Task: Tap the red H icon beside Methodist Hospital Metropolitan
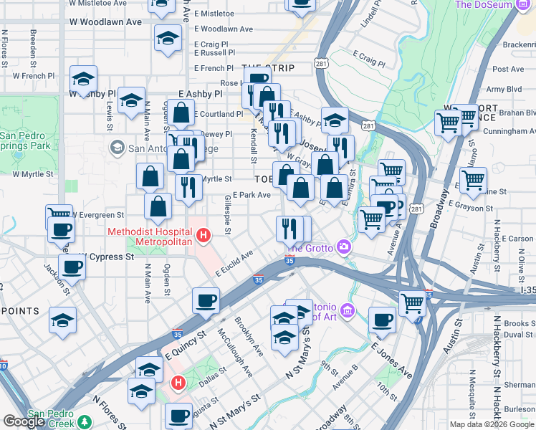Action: point(204,234)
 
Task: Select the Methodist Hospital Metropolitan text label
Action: point(150,237)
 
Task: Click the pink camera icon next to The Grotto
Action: point(345,247)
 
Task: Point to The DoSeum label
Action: point(495,4)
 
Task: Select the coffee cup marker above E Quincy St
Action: point(206,302)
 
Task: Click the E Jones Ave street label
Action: point(391,359)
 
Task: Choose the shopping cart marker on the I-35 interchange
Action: point(412,304)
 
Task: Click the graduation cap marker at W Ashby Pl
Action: point(84,80)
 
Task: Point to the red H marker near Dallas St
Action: point(177,384)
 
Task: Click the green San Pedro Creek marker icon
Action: point(85,422)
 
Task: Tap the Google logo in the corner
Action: point(24,421)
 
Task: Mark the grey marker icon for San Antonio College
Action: point(117,148)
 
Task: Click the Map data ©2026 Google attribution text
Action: point(492,424)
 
